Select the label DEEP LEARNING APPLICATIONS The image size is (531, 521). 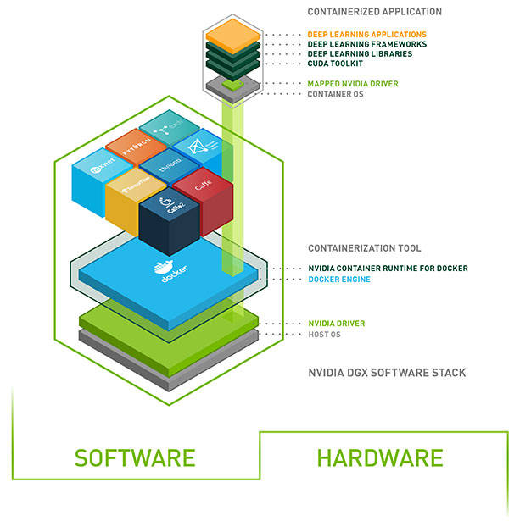click(x=366, y=35)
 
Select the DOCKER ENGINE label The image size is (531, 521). click(x=338, y=279)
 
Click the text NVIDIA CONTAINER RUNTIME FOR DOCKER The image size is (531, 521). click(x=387, y=269)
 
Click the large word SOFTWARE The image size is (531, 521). click(x=134, y=458)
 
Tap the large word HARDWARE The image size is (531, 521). click(x=379, y=458)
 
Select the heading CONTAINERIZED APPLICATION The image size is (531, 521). click(x=374, y=12)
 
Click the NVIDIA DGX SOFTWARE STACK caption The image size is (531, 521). click(x=386, y=373)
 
